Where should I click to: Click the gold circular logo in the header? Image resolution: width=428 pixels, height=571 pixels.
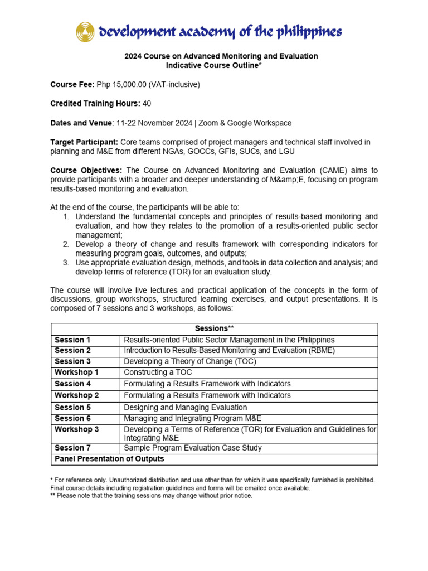(x=85, y=32)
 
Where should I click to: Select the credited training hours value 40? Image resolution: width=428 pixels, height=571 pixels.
(x=147, y=104)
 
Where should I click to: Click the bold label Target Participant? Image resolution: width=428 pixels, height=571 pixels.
(x=84, y=142)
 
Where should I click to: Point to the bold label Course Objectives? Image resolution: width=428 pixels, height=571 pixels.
(x=86, y=170)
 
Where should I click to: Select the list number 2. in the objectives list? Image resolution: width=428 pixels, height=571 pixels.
(x=65, y=244)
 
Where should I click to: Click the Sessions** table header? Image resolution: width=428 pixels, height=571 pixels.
(x=214, y=328)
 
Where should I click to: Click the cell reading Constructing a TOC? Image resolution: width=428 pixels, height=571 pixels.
(x=158, y=372)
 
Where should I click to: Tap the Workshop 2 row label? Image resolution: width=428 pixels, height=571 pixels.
(x=77, y=395)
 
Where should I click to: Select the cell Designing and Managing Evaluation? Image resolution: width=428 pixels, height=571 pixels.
(x=185, y=408)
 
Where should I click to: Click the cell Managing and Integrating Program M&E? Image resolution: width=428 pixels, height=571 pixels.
(x=192, y=418)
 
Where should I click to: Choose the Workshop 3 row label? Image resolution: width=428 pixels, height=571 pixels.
(x=77, y=429)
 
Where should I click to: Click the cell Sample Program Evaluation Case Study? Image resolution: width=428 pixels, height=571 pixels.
(x=192, y=448)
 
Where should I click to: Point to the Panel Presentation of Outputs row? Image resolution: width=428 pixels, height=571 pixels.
(x=109, y=459)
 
